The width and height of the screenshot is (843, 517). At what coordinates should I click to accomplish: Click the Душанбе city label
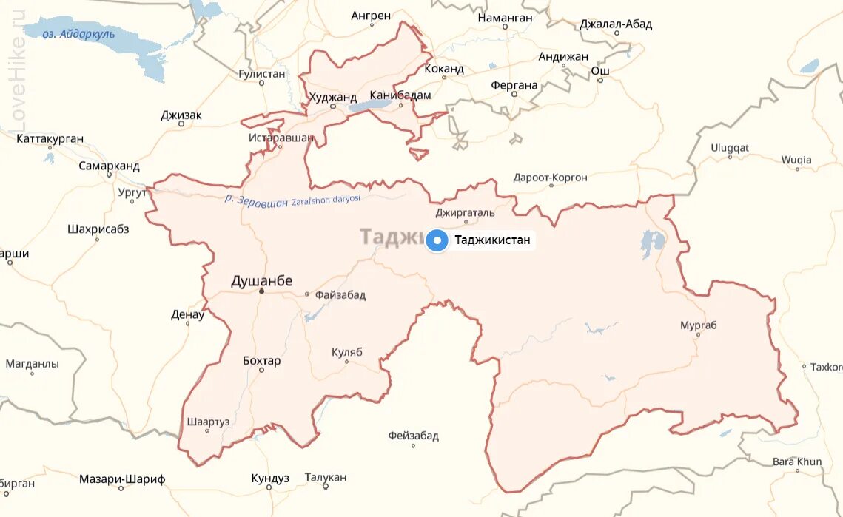(x=262, y=281)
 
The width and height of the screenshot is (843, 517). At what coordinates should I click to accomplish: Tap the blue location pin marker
(x=437, y=240)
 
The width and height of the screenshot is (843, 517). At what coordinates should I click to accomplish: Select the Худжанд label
(x=333, y=96)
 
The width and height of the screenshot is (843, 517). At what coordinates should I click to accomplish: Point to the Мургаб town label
(x=699, y=325)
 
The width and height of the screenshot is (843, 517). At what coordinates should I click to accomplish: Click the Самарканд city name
(x=109, y=166)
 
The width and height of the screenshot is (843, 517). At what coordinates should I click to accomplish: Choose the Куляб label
(x=346, y=352)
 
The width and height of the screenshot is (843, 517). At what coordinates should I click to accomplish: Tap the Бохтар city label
(x=262, y=361)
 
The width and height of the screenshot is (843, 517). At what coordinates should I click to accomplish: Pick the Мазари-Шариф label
(x=122, y=479)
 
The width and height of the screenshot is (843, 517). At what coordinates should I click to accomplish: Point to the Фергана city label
(x=514, y=85)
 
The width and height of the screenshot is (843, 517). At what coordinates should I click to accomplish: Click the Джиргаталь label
(x=465, y=213)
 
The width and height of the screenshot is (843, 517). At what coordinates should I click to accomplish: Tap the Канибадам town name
(x=400, y=95)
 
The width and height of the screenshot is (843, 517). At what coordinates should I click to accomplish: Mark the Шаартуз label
(x=209, y=422)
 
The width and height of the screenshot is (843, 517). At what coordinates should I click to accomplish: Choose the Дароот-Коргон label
(x=551, y=178)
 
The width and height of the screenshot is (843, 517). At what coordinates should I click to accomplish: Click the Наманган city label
(x=506, y=17)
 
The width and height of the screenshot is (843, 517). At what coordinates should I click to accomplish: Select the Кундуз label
(x=270, y=479)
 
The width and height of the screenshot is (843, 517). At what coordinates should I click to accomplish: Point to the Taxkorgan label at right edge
(x=826, y=367)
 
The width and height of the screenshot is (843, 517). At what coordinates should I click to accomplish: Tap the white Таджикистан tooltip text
(x=492, y=240)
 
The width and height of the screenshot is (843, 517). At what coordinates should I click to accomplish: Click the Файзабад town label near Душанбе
(x=340, y=295)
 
